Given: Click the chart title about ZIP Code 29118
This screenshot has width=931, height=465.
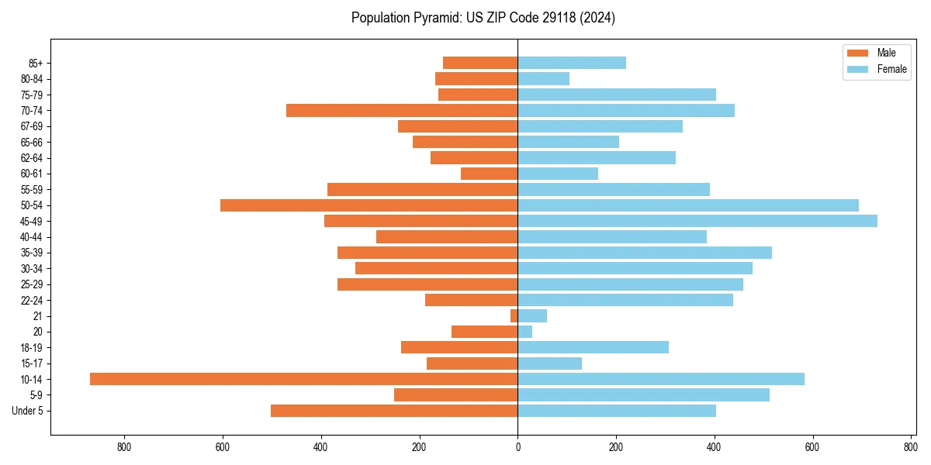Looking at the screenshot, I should pos(483,18).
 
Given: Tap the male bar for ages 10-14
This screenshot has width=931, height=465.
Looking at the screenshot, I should pos(303,379).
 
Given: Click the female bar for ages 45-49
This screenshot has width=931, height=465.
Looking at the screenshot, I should pos(697,221).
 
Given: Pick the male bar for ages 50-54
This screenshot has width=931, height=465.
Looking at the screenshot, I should pos(369,205).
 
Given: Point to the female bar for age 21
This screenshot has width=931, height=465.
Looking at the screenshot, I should pos(532,315).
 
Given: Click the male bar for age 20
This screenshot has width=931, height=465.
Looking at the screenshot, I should pos(484,332).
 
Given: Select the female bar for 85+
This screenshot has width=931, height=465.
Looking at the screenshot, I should pos(572,63).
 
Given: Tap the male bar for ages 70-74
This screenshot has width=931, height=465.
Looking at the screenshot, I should pos(402,110).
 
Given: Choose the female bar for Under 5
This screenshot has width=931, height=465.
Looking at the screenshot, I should pos(617,411).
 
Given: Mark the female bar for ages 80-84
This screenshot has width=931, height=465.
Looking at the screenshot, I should pos(543,78).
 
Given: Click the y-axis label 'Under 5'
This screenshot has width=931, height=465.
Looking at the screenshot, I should pos(28,411).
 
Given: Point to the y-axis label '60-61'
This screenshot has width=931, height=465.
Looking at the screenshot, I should pos(32,174).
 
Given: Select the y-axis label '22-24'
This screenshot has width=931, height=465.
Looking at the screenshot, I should pos(32,300).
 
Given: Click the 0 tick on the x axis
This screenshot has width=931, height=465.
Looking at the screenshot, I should pos(517,447).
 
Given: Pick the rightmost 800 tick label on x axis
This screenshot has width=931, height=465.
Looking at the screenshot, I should pos(910,447).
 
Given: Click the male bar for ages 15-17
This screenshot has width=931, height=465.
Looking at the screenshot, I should pos(472,363).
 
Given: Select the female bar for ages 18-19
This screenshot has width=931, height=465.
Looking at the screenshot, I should pos(593,347).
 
